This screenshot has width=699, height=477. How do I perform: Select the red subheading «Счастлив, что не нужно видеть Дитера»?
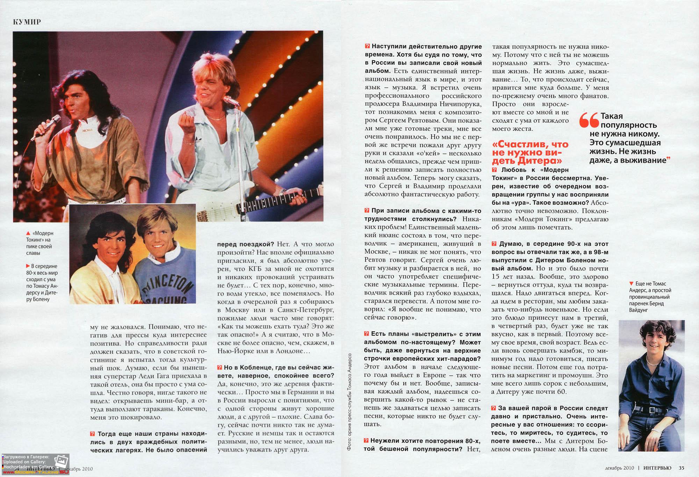tap(530, 153)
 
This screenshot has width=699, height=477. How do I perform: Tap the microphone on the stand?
tap(231, 101)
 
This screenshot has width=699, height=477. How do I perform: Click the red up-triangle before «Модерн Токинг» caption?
tap(28, 233)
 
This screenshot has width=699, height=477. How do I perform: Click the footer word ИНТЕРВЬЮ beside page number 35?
tap(657, 468)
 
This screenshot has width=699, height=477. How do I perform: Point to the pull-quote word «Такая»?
tap(612, 116)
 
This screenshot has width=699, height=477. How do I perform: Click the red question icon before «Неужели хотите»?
tap(366, 441)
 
